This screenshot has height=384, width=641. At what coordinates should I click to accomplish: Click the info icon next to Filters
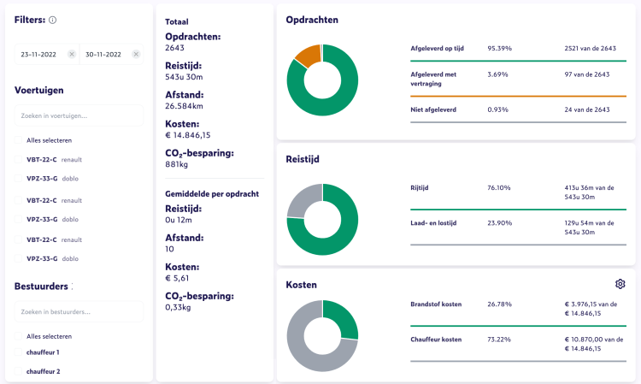pyautogui.click(x=53, y=20)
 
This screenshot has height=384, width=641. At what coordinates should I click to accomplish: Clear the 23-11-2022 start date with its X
pyautogui.click(x=72, y=54)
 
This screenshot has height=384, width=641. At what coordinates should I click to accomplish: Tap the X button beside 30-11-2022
pyautogui.click(x=136, y=54)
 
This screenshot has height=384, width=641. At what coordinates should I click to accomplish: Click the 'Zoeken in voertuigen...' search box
pyautogui.click(x=79, y=115)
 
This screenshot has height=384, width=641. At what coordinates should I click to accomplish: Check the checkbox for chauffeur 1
pyautogui.click(x=18, y=352)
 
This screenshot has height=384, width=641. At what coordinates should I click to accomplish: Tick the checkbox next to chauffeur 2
pyautogui.click(x=18, y=371)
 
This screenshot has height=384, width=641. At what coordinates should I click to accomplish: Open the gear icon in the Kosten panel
pyautogui.click(x=620, y=284)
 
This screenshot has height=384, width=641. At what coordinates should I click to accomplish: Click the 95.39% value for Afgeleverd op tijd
pyautogui.click(x=499, y=49)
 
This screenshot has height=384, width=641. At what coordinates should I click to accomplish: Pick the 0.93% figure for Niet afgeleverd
pyautogui.click(x=499, y=109)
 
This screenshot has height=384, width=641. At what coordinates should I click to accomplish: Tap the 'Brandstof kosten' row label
pyautogui.click(x=436, y=304)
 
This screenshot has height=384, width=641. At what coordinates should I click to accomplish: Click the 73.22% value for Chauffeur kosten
pyautogui.click(x=499, y=340)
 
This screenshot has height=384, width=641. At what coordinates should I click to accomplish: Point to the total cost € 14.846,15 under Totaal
pyautogui.click(x=188, y=134)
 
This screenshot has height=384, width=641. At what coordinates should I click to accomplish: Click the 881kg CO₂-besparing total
pyautogui.click(x=177, y=165)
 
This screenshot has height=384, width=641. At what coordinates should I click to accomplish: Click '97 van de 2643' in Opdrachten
pyautogui.click(x=587, y=74)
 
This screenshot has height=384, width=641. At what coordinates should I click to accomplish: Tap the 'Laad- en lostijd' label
pyautogui.click(x=436, y=222)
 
